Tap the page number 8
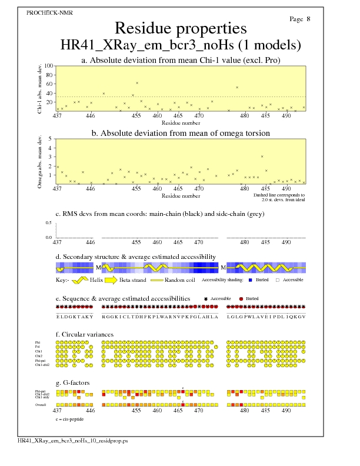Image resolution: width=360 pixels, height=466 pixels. pos(308,19)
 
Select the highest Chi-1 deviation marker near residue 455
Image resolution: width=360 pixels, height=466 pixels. pos(137,83)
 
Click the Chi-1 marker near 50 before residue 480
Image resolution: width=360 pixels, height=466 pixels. pos(237,88)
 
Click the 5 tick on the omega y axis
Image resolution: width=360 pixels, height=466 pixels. pos(51,139)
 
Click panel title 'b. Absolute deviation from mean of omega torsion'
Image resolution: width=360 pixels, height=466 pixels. pos(180,134)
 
